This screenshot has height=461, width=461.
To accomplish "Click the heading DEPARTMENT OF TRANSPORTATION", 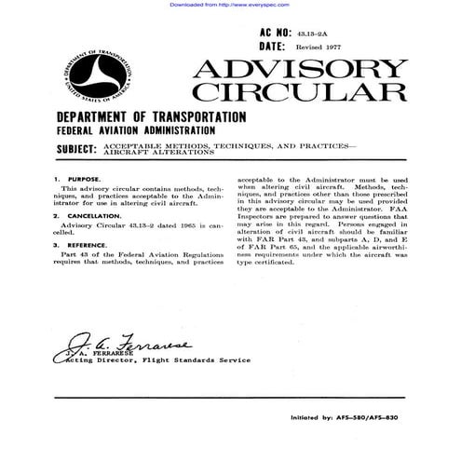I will [x=151, y=118].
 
